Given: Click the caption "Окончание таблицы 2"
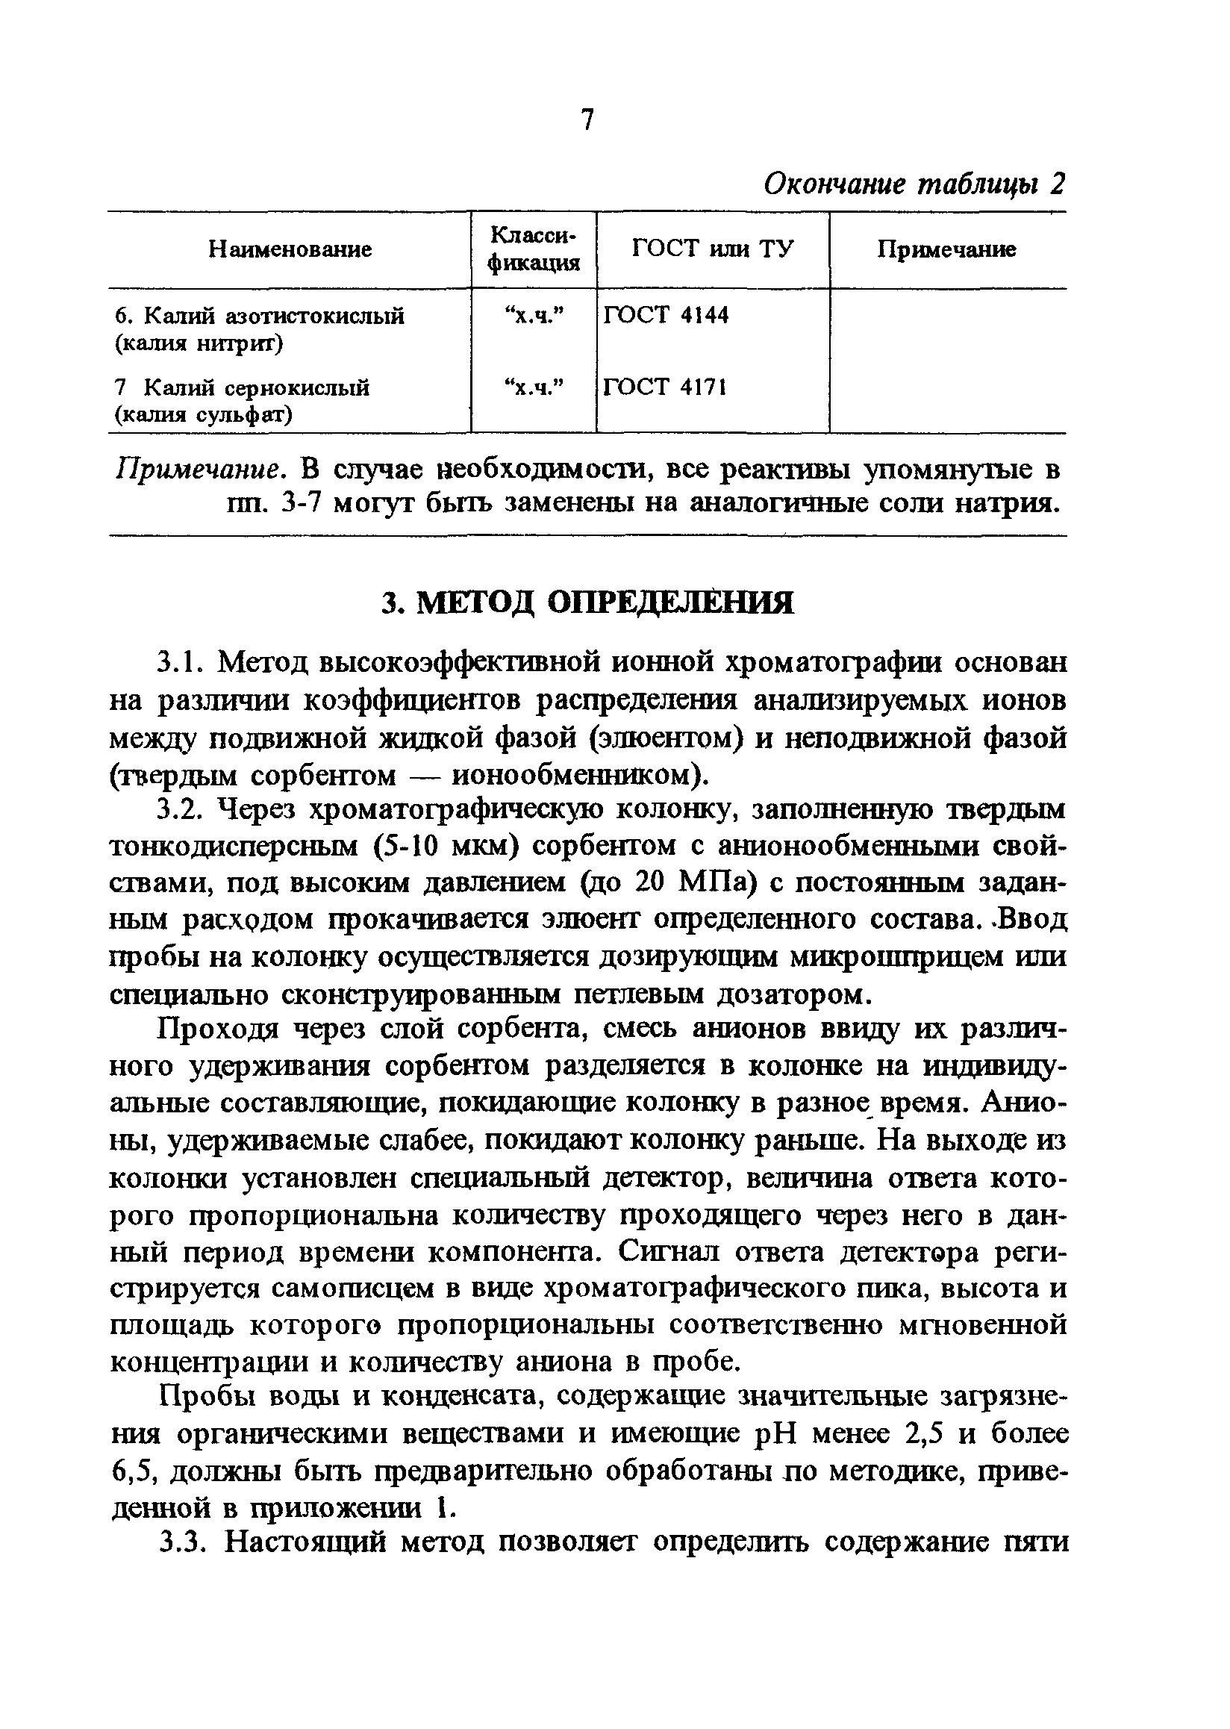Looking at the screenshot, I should click(x=914, y=184).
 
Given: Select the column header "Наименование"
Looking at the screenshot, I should click(x=290, y=249).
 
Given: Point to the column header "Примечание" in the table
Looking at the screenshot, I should click(x=946, y=249).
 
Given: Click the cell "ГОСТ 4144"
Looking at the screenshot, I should click(x=666, y=314).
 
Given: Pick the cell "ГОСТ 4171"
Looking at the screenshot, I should click(x=665, y=387).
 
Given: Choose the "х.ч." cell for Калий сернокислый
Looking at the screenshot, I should click(x=534, y=387).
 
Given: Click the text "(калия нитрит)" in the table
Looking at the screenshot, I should click(x=199, y=343).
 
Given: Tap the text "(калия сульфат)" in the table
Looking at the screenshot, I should click(x=204, y=415).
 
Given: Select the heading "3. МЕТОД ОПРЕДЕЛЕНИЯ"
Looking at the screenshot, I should click(x=587, y=602).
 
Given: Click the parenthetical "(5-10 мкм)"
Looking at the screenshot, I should click(x=447, y=847).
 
